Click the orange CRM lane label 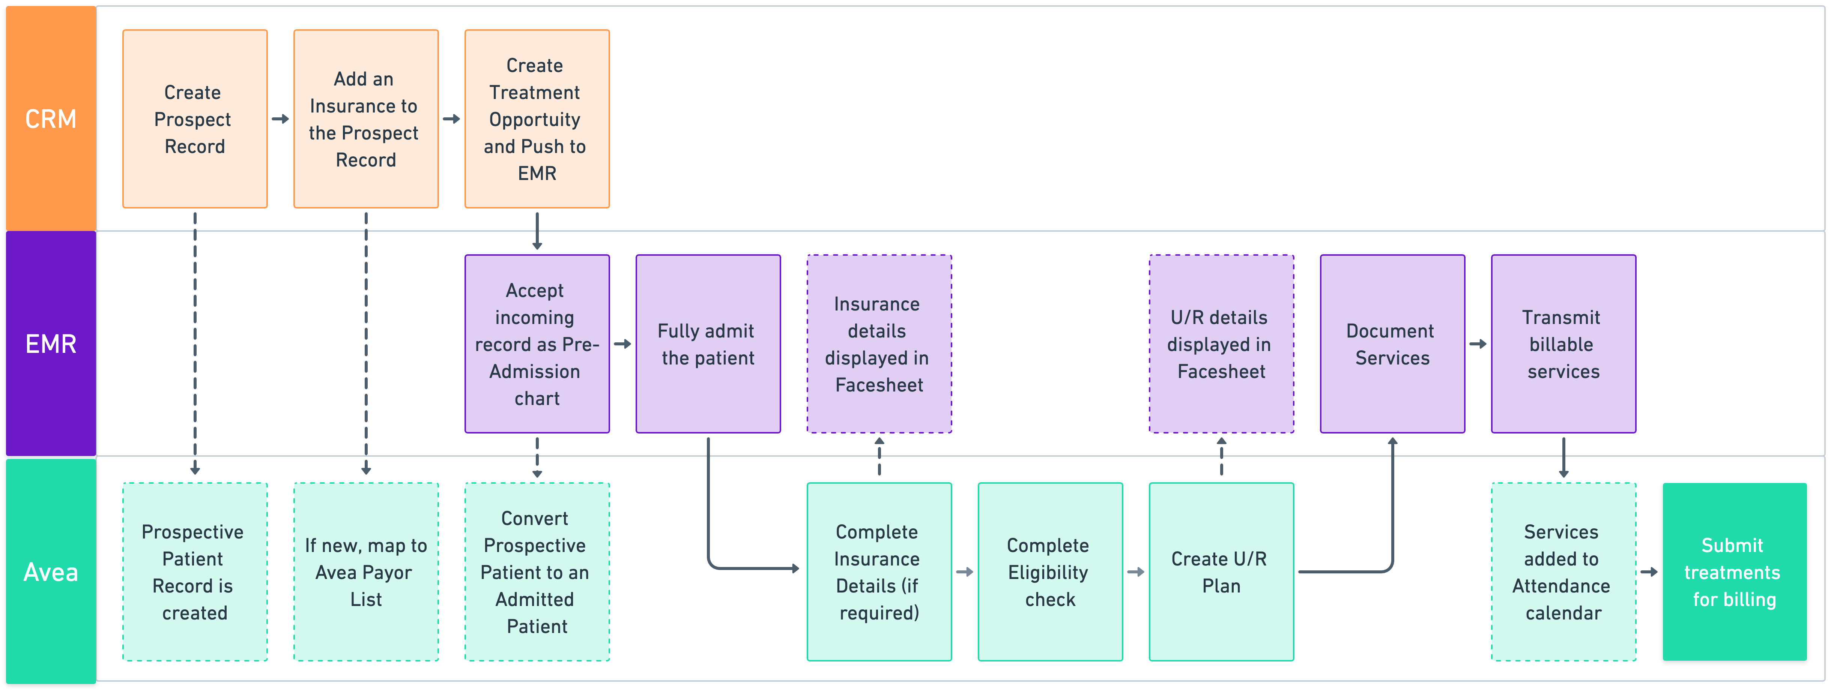51,118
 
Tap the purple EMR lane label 51,344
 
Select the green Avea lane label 51,572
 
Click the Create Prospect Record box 195,118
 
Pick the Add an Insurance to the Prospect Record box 365,118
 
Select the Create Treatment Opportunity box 537,118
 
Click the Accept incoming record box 537,344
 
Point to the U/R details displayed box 1221,344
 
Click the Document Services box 1392,344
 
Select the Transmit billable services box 1563,344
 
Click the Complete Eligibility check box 1050,572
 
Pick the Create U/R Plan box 1221,572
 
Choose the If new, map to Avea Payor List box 365,572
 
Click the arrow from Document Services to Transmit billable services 1478,344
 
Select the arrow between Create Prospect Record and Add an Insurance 280,118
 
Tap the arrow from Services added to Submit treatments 1649,572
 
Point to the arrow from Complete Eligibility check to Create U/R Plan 1136,572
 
